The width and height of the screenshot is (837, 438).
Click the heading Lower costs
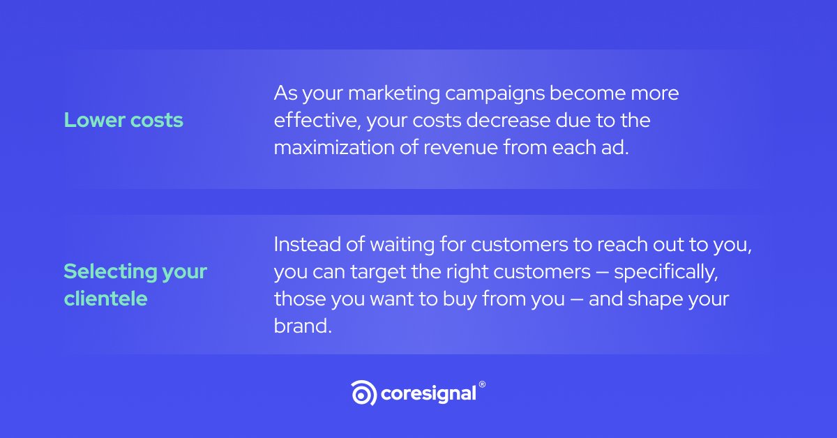(x=123, y=120)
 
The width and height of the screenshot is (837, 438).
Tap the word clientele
(x=105, y=299)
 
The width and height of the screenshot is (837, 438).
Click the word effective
(x=315, y=120)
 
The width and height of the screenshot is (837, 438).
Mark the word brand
(x=301, y=326)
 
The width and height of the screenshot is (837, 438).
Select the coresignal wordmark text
(x=428, y=393)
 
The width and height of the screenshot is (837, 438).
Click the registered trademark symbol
(x=482, y=384)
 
